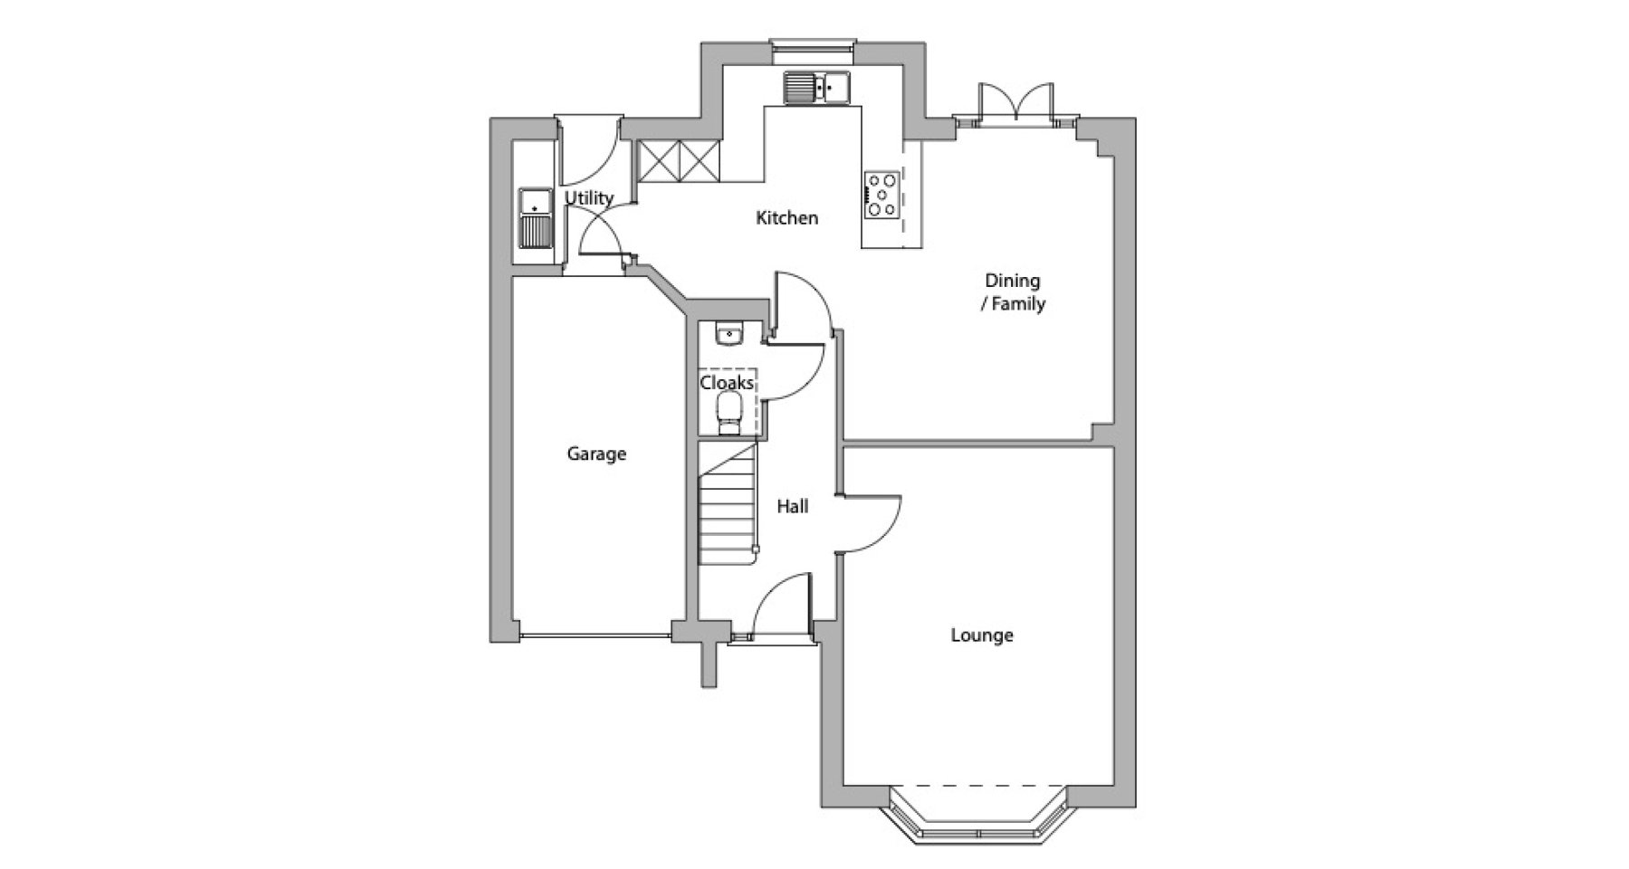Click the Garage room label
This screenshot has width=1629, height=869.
[x=596, y=454]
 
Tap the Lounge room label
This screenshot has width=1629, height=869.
[x=982, y=635]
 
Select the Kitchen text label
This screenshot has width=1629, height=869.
[x=787, y=217]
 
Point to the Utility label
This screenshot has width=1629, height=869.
[x=589, y=198]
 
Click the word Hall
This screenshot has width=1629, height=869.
[x=793, y=507]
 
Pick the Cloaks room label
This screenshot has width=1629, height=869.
[x=727, y=383]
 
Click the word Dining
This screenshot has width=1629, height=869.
[x=1013, y=282]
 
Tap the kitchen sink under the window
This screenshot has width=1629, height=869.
[x=817, y=88]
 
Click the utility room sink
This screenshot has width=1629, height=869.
[x=535, y=218]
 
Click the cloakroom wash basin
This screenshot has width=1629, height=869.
[x=729, y=335]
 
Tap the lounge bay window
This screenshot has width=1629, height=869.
[x=978, y=815]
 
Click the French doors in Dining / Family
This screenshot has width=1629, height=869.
[x=1017, y=100]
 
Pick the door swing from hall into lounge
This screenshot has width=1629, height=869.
[x=869, y=523]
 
